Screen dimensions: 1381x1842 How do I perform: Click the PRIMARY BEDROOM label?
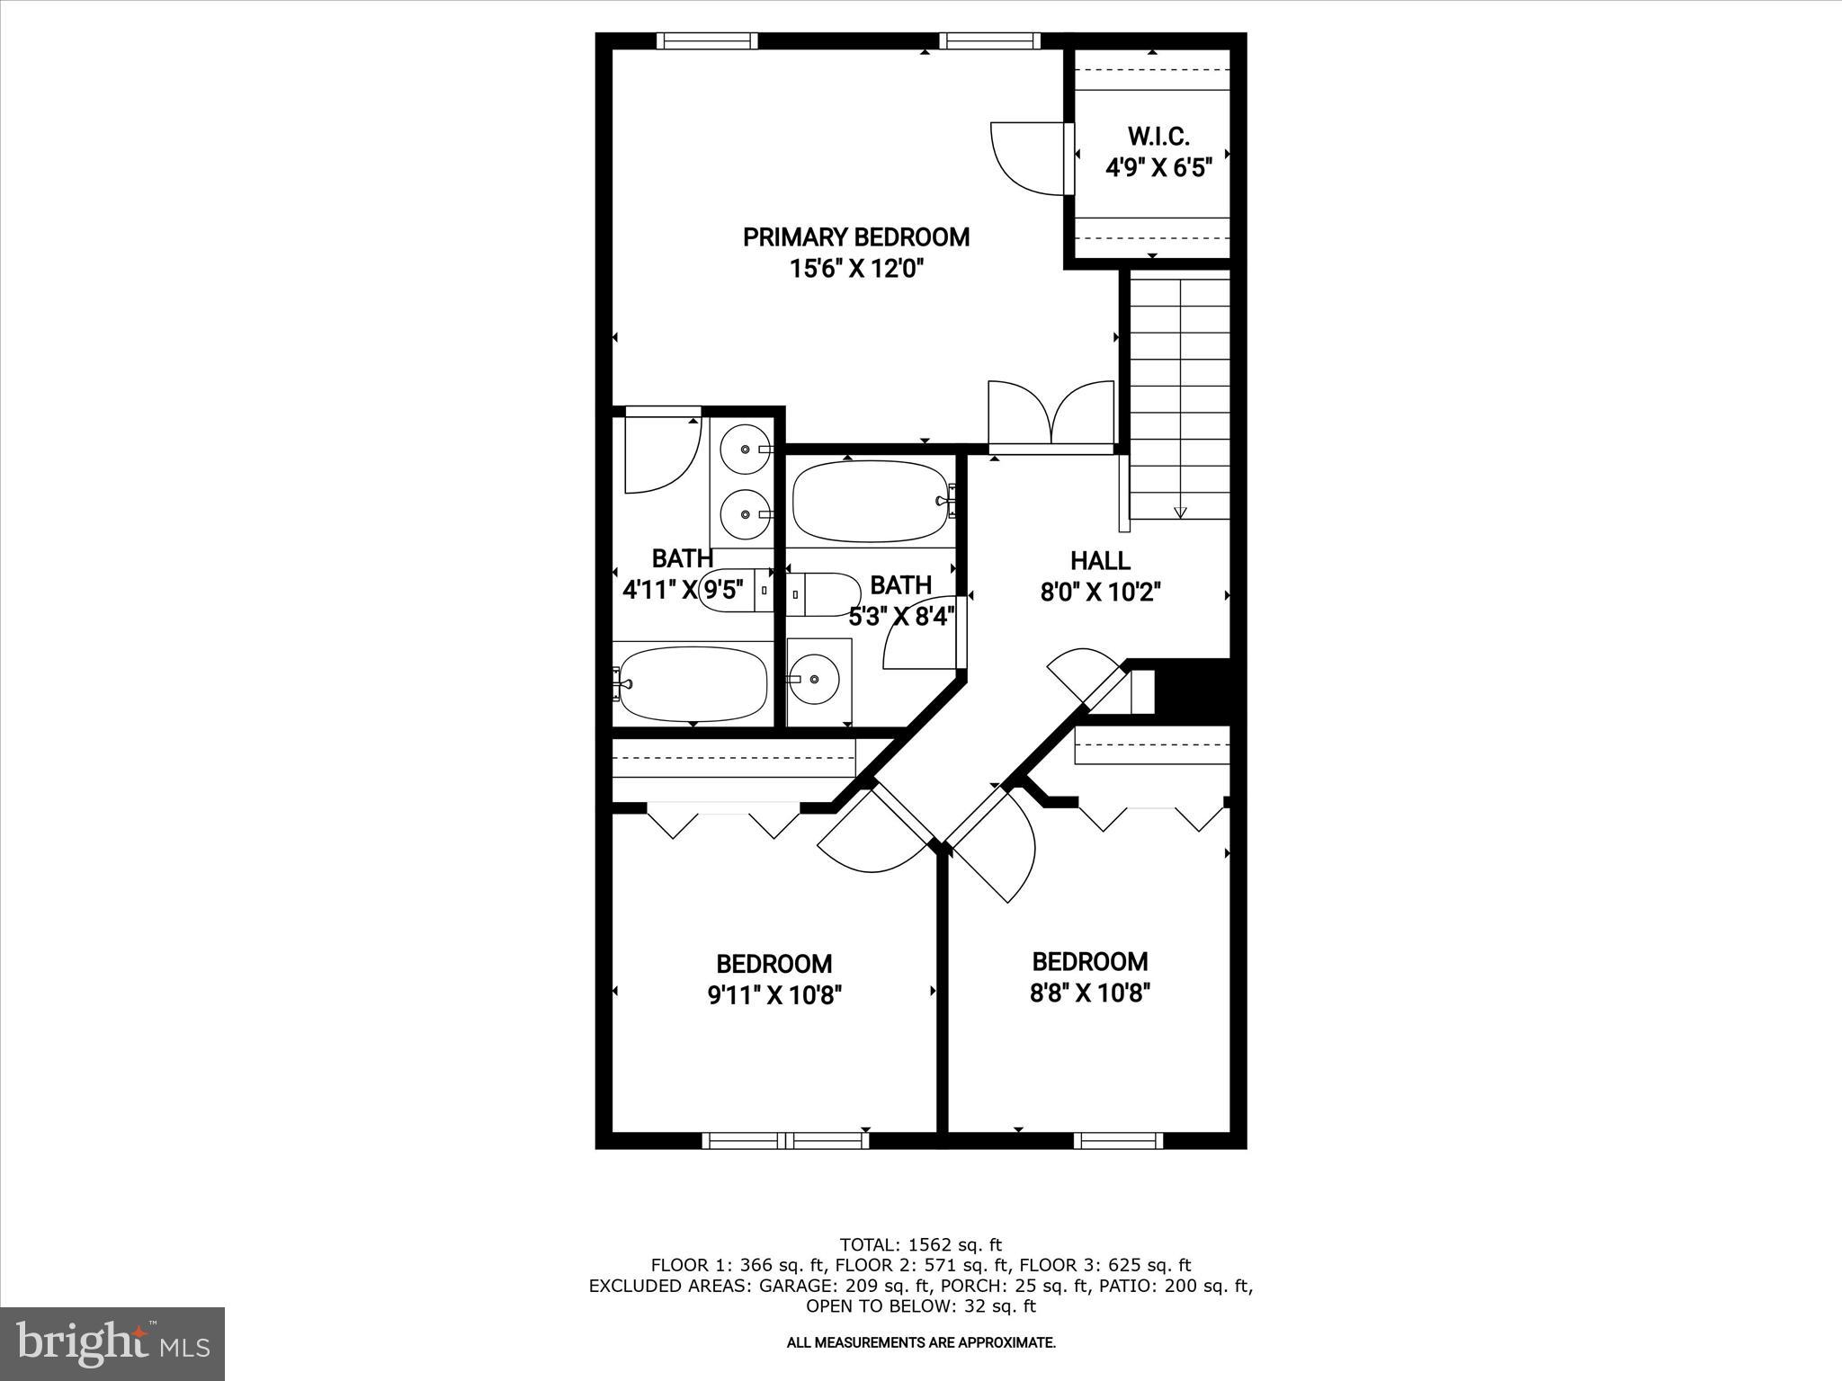coord(855,237)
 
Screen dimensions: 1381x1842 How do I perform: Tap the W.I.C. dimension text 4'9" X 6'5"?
coord(1158,168)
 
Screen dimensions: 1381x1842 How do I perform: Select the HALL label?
coord(1100,561)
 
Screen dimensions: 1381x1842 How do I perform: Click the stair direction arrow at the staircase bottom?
coord(1180,512)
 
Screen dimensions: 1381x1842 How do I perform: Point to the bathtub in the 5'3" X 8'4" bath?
coord(870,501)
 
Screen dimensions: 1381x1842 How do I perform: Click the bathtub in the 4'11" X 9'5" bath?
coord(693,684)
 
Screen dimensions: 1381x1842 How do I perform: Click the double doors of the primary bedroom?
coord(1051,415)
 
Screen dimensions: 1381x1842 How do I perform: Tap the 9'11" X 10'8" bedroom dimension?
coord(774,995)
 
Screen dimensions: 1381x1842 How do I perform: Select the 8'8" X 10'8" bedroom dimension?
coord(1090,993)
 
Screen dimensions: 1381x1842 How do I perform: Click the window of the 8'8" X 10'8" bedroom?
coord(1118,1141)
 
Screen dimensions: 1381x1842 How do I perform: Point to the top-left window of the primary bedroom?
coord(707,40)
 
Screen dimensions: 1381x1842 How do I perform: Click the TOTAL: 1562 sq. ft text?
coord(920,1245)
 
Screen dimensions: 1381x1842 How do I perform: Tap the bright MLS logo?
coord(112,1343)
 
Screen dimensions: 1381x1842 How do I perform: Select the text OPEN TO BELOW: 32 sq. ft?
coord(920,1305)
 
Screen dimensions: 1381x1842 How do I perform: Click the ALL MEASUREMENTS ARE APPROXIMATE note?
coord(920,1343)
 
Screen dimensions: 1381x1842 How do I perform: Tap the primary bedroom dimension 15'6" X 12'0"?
coord(856,269)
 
